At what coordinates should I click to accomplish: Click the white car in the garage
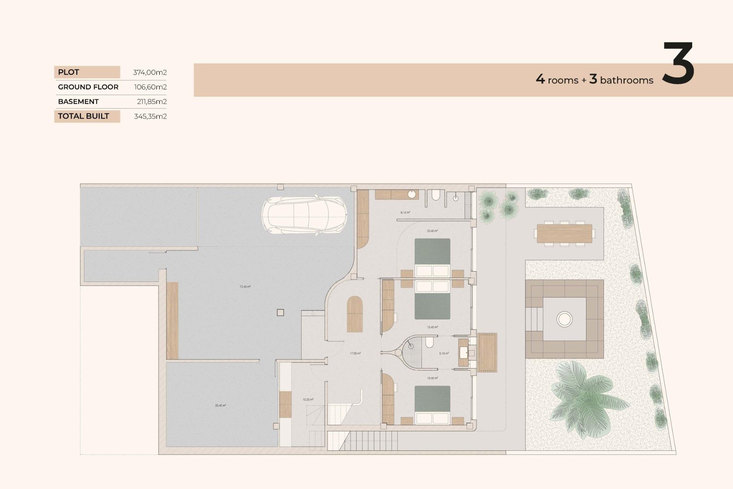point(304,215)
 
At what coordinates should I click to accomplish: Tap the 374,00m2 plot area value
point(150,72)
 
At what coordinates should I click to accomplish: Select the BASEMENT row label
point(78,102)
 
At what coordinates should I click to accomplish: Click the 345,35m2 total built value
point(150,117)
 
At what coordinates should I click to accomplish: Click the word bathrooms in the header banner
point(626,80)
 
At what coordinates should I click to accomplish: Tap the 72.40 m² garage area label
point(245,287)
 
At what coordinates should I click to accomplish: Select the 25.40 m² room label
point(220,405)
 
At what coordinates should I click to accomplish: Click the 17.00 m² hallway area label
point(355,353)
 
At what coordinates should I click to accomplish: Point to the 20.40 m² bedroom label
point(432,231)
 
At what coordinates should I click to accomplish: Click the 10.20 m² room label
point(308,400)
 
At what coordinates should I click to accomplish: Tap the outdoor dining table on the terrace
point(564,233)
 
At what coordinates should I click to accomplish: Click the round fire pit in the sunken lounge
point(564,319)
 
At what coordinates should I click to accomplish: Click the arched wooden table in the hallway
point(355,314)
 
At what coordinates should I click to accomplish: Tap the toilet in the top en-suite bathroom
point(436,196)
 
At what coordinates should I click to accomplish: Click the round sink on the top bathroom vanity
point(412,194)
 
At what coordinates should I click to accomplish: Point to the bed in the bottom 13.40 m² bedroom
point(432,405)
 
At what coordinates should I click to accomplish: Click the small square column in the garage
point(280,313)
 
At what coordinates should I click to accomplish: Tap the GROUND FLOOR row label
point(88,87)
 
